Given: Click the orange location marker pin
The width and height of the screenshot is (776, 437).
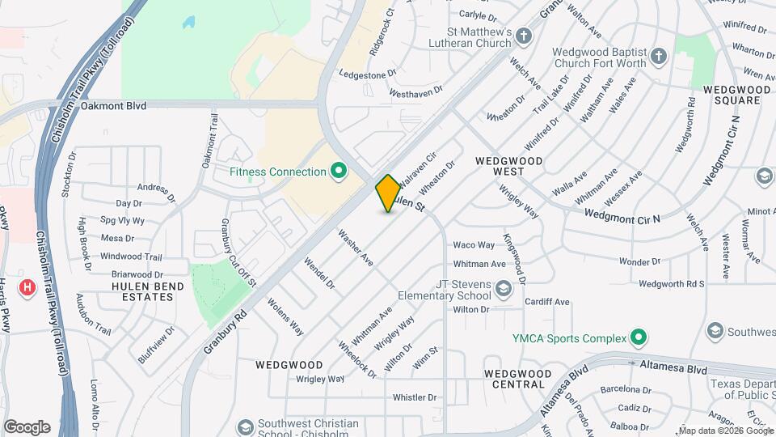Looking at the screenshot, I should (388, 193).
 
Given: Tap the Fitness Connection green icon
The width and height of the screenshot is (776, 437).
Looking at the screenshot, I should (339, 172).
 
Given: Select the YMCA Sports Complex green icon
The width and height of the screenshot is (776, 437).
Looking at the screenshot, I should (639, 337).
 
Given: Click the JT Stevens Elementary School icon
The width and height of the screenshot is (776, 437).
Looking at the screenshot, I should (503, 289).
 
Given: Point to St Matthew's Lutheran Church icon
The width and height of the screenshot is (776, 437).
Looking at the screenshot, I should (525, 36).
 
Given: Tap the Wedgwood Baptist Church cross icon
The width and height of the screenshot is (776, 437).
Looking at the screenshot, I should (659, 57).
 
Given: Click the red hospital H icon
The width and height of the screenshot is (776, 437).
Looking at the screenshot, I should (28, 287).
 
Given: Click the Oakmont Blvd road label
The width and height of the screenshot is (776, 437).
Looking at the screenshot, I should (114, 105).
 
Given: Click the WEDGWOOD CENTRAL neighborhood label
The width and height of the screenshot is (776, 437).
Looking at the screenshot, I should (513, 379).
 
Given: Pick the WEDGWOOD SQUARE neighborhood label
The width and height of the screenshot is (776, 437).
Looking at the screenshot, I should (732, 95).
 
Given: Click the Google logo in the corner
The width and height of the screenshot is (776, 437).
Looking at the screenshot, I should (27, 427).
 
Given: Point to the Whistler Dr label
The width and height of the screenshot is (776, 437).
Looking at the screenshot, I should (414, 397).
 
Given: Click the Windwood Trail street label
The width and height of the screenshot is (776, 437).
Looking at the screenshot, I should (131, 257).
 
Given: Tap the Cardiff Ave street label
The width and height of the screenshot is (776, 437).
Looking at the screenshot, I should (546, 302).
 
